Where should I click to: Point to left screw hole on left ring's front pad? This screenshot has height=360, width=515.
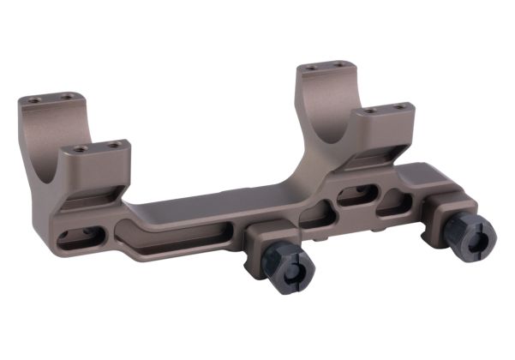pos(80,148)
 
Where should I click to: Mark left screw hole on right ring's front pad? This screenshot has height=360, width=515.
pos(369,111)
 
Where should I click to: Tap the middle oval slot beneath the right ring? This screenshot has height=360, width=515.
pos(356,196)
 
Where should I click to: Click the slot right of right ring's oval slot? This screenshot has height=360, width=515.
pos(392,203)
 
